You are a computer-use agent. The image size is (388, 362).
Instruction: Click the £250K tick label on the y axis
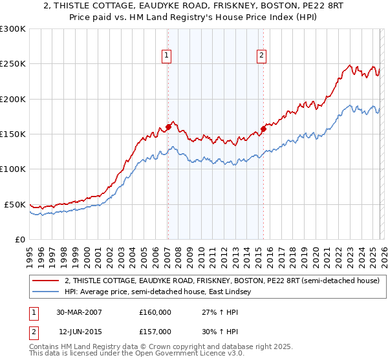pos(13,64)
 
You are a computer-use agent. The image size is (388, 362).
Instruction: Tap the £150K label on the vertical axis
pos(13,134)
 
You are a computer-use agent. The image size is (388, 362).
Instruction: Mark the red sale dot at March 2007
pos(168,127)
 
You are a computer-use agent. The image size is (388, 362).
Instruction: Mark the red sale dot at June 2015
pos(263,129)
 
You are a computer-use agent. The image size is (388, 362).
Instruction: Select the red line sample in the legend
pos(45,281)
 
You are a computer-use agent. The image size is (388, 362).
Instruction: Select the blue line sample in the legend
pos(45,292)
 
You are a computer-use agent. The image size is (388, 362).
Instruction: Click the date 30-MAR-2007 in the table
pos(79,312)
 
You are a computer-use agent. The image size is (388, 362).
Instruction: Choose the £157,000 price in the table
pos(155,330)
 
